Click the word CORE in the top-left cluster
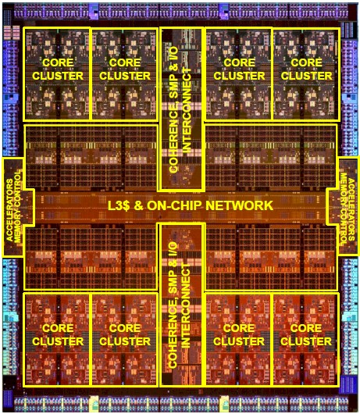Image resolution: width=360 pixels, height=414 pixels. (x=58, y=62)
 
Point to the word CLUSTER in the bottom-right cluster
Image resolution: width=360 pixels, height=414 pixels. (x=306, y=341)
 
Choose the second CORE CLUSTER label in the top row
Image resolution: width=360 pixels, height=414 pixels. (x=125, y=70)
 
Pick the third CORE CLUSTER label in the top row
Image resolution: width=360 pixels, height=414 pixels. (x=239, y=70)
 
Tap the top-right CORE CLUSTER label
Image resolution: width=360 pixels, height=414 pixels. (x=306, y=70)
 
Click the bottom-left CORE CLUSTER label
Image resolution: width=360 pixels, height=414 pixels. (x=58, y=335)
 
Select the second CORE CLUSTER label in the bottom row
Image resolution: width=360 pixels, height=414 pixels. (x=125, y=335)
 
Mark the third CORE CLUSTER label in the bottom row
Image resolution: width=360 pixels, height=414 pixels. (x=239, y=335)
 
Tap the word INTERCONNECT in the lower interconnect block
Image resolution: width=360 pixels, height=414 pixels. (x=186, y=305)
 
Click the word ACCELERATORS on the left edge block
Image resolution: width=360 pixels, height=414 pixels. (x=9, y=210)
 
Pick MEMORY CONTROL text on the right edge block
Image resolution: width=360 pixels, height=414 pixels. (x=344, y=209)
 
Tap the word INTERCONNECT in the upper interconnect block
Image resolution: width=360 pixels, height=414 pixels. (x=187, y=110)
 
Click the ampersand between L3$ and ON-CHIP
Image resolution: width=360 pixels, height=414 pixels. (x=138, y=205)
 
